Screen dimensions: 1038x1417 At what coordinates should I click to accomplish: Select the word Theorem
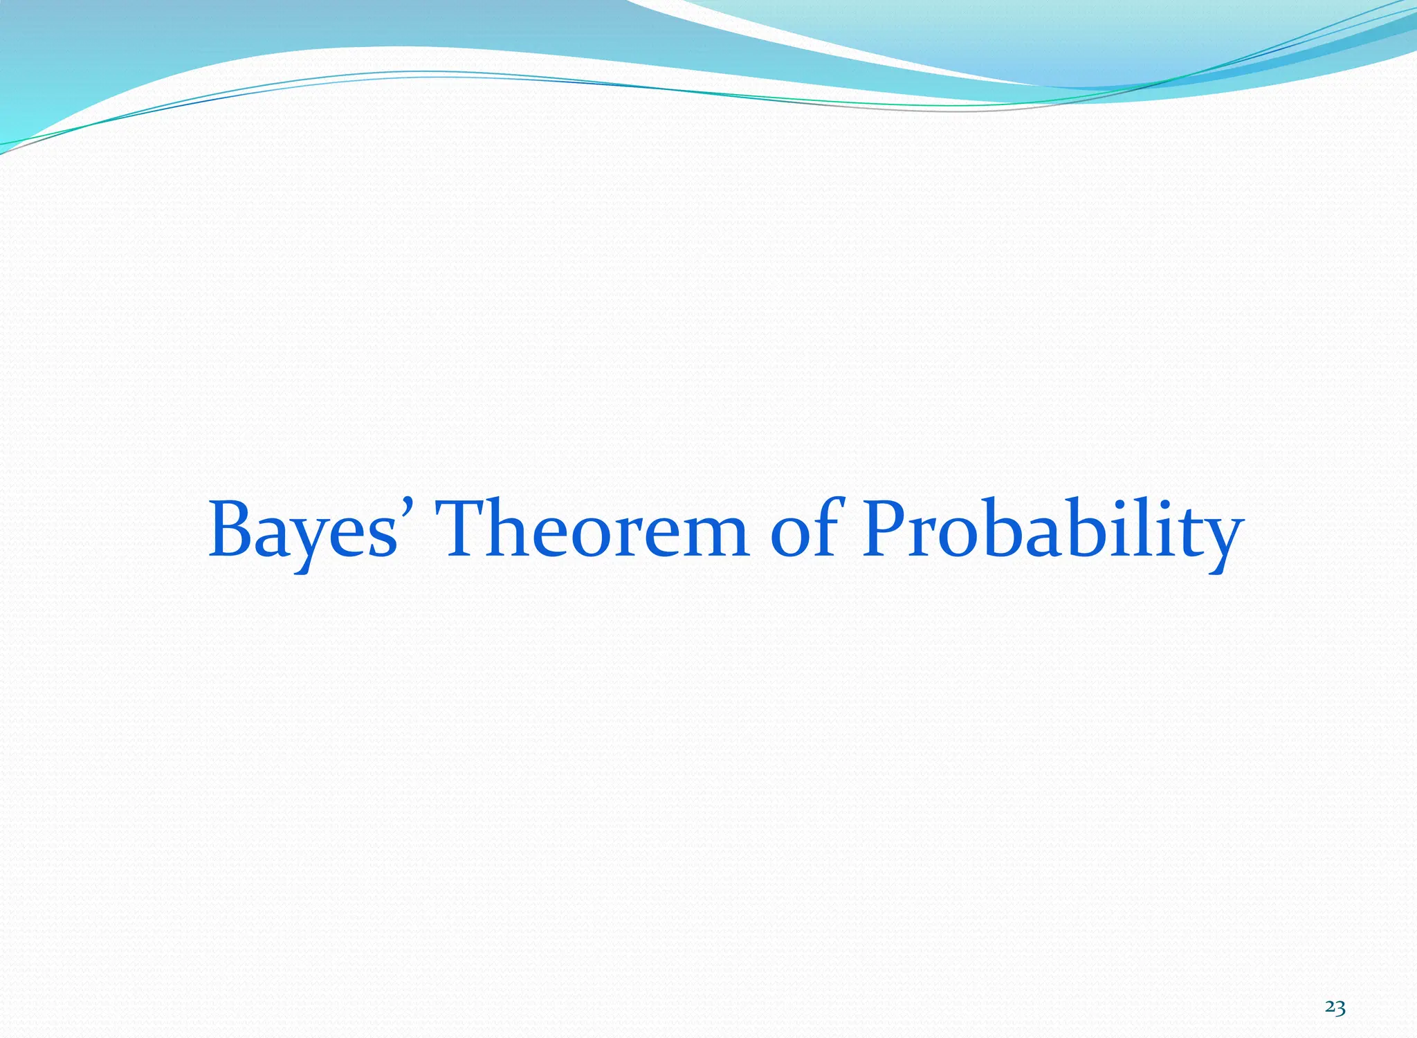pyautogui.click(x=594, y=529)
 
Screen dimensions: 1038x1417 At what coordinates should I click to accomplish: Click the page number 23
pyautogui.click(x=1335, y=1008)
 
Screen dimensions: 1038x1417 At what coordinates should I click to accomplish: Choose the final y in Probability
pyautogui.click(x=1219, y=543)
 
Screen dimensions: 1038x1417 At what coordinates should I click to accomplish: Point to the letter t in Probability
pyautogui.click(x=1185, y=533)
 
